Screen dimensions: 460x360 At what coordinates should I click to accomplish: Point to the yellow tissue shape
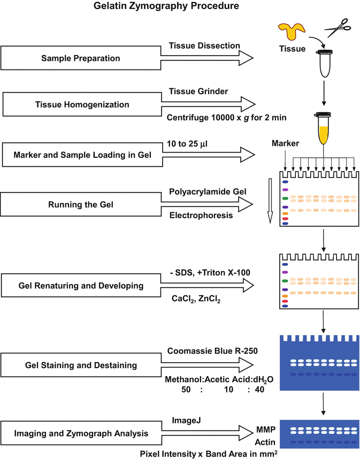(x=292, y=33)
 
